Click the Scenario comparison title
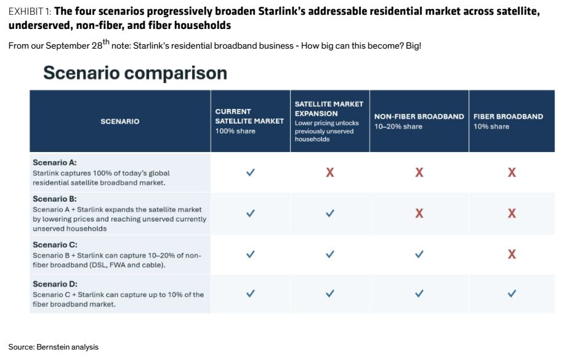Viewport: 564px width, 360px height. click(x=135, y=73)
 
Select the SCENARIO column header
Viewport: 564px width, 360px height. click(x=120, y=122)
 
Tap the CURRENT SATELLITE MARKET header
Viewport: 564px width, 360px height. click(x=249, y=116)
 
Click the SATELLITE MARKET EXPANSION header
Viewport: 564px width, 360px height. click(x=329, y=108)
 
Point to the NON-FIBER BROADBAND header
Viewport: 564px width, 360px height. click(x=419, y=116)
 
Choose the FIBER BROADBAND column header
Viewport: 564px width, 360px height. click(x=508, y=116)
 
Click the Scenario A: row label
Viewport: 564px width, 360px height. click(x=55, y=162)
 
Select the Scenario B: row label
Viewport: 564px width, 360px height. click(x=55, y=199)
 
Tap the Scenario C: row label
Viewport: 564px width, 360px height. click(x=55, y=245)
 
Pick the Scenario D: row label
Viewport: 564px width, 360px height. click(x=55, y=284)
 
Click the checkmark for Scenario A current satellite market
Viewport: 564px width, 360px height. click(x=251, y=172)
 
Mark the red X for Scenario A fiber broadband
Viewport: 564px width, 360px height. click(x=512, y=173)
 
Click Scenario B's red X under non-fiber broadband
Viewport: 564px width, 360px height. click(x=419, y=214)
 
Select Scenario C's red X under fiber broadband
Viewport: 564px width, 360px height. click(x=512, y=255)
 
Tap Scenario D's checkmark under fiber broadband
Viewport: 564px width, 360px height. click(x=512, y=294)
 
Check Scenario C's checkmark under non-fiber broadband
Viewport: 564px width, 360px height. click(x=419, y=254)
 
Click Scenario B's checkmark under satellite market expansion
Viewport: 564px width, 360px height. click(x=330, y=214)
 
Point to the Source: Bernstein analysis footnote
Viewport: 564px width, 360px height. click(x=53, y=347)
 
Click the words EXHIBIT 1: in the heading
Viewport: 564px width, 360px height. click(x=30, y=12)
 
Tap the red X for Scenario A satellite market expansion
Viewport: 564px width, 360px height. click(x=330, y=173)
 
